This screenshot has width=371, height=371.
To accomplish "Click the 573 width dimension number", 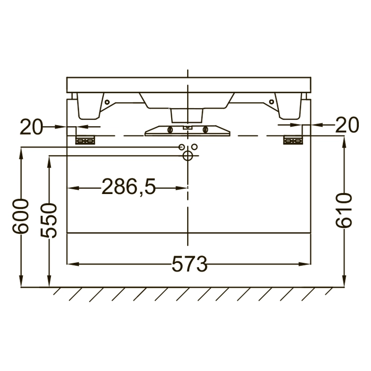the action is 190,264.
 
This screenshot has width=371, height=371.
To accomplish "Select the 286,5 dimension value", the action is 129,187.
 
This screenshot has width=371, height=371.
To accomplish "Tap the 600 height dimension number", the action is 21,216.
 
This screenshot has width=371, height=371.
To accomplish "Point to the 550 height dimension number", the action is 49,220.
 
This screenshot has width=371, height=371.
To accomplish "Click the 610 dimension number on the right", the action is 344,210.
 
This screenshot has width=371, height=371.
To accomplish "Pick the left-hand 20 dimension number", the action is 31,127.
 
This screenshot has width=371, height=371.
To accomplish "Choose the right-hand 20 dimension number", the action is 347,125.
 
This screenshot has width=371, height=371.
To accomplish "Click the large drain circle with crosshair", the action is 188,156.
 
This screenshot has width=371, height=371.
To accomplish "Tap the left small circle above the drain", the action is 181,147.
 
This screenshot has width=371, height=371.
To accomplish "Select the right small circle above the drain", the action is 195,147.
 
